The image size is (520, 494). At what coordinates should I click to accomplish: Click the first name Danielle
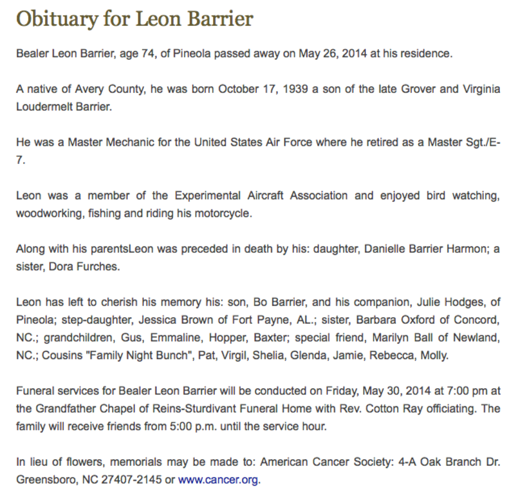385,249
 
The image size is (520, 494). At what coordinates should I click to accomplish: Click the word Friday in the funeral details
341,391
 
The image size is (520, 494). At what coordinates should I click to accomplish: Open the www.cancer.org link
218,479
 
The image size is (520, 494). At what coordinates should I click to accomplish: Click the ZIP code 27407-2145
131,479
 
